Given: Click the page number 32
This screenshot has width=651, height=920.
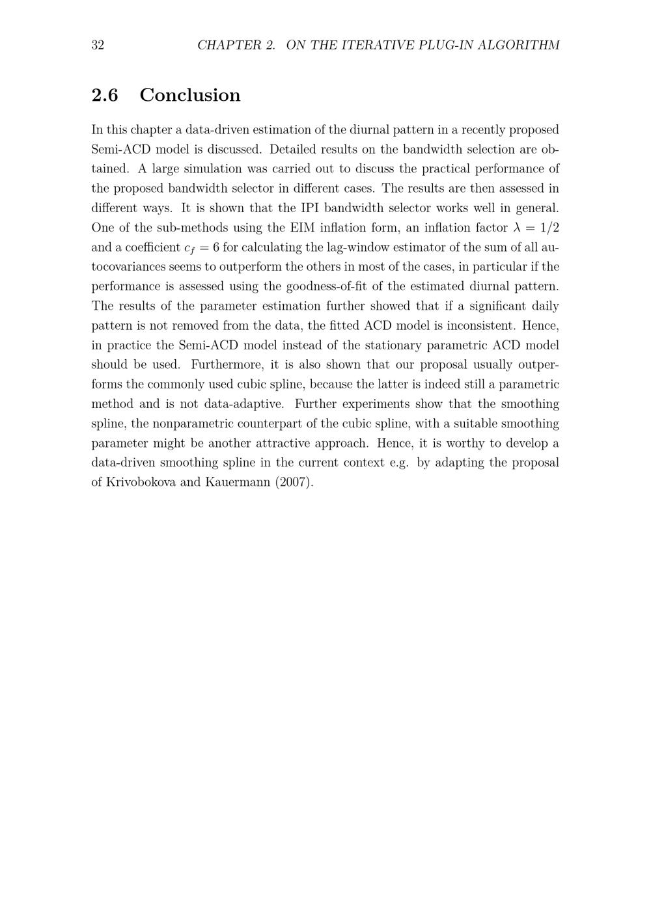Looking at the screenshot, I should (x=98, y=45).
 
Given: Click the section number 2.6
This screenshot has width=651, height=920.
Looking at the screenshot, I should (x=105, y=95).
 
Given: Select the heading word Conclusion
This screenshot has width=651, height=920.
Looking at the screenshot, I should (x=189, y=95).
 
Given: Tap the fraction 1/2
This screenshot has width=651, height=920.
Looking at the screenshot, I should (x=549, y=228).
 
